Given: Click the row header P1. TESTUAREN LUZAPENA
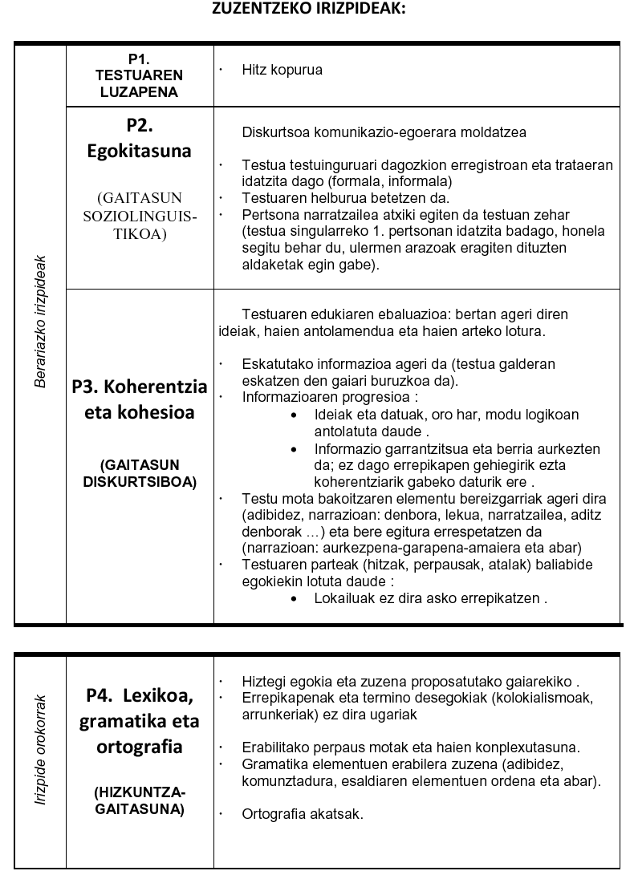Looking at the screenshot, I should (140, 75).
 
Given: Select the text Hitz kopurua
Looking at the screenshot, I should (282, 70).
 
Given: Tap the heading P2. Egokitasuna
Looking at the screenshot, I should (140, 138).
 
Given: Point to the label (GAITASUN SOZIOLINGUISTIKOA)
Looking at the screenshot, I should (140, 216).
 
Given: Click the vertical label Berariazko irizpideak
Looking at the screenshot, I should (40, 322).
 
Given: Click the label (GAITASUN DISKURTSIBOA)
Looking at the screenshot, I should (140, 473).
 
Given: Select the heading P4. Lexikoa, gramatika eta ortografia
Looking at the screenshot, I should (140, 720).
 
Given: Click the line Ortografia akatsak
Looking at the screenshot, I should (303, 814).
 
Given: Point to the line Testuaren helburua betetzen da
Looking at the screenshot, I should (346, 198).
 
